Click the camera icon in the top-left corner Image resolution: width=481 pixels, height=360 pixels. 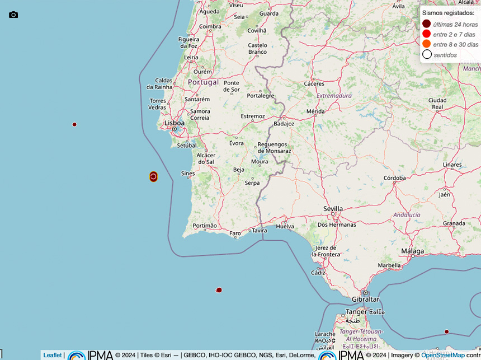(13, 15)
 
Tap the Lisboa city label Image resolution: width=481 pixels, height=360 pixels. (174, 123)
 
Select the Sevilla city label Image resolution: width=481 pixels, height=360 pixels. (333, 209)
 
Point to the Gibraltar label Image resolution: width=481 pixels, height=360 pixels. (365, 300)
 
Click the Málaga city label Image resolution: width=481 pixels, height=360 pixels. (412, 251)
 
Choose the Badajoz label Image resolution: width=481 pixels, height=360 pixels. (284, 124)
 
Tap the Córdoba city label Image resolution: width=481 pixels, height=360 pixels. (394, 178)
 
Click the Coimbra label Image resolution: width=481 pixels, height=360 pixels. (210, 26)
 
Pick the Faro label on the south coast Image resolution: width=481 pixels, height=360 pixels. (235, 233)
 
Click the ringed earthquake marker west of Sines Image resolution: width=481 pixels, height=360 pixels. (153, 177)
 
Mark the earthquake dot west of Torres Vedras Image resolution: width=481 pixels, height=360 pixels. (74, 124)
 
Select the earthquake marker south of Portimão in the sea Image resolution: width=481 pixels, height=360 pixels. (219, 290)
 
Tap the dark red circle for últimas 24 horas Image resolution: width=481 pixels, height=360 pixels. (427, 24)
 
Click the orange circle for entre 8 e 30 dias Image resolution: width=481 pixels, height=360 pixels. (427, 44)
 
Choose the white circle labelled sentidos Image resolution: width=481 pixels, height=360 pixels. (427, 54)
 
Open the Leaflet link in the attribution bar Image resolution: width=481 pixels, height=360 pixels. (53, 355)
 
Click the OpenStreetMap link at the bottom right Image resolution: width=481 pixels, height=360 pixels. (443, 355)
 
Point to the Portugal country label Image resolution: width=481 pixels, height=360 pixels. (203, 82)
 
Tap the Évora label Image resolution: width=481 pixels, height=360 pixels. (237, 143)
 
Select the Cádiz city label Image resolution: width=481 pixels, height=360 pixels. (318, 273)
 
